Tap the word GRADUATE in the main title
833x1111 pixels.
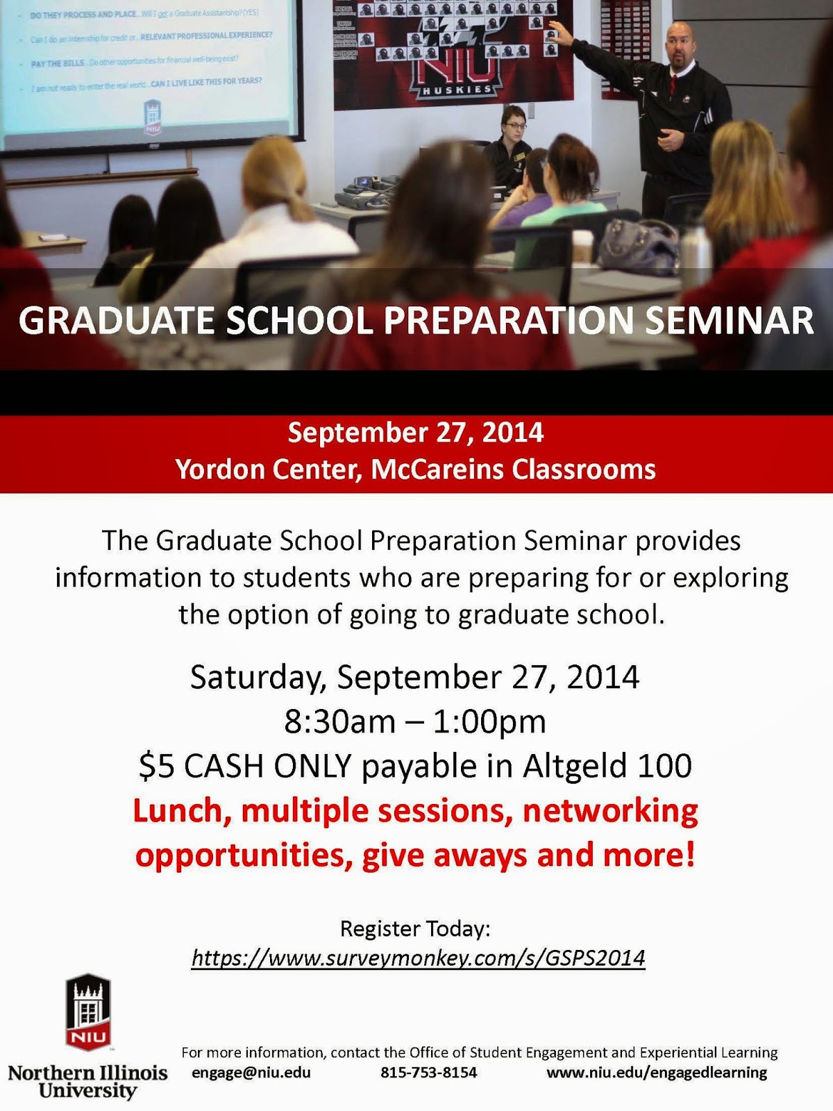pos(116,320)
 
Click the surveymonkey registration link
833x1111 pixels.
pos(418,958)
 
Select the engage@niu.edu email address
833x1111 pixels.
pos(251,1072)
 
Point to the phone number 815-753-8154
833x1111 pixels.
pos(428,1072)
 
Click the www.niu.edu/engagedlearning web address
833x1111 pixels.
pos(657,1072)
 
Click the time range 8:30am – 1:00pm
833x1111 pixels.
pos(415,721)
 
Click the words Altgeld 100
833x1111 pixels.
pos(607,766)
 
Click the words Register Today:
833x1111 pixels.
pos(415,928)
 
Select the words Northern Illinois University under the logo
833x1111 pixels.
pos(87,1082)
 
